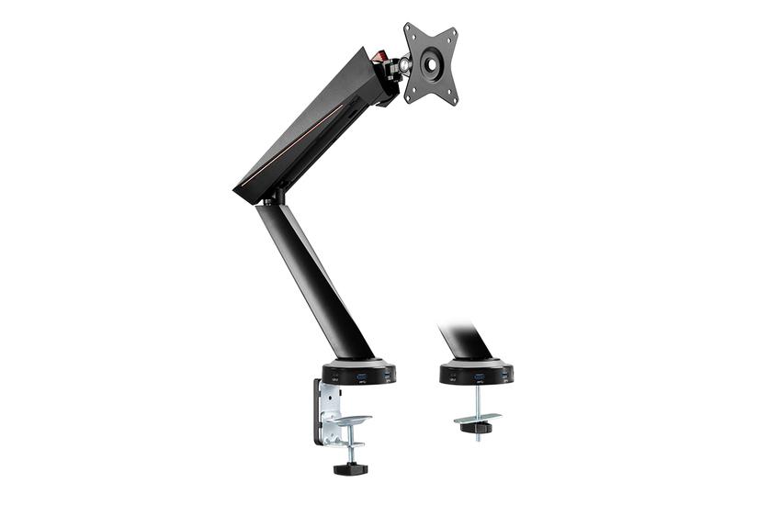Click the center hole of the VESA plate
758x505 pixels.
430,64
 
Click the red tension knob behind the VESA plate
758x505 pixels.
379,57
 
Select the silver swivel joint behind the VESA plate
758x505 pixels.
401,69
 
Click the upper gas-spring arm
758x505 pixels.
312,129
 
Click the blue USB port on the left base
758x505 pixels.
360,376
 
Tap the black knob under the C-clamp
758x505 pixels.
350,468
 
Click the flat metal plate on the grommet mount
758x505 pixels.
477,418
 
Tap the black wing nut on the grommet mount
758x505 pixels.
477,428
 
